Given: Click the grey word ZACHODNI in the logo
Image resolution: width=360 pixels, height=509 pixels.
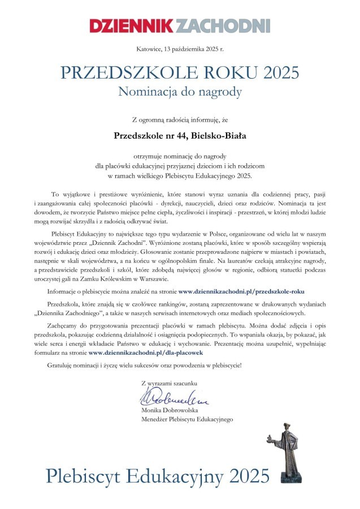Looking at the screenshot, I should pos(224,25).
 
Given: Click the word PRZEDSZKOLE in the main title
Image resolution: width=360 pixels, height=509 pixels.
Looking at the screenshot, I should pos(116,73).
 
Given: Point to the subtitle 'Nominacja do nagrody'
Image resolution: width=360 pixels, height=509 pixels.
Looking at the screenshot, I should pos(180,91).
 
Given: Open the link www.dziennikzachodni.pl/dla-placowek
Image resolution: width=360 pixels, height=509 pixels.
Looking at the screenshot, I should pos(153,352).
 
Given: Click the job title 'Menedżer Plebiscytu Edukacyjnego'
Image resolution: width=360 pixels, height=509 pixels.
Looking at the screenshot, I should pos(186,419).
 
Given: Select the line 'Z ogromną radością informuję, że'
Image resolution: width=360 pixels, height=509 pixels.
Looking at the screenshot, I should pos(180,119).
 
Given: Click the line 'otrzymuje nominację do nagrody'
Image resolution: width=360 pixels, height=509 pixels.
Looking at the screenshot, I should pos(180,155).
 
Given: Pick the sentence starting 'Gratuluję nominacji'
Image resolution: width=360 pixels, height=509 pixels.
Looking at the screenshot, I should pos(144,365).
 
